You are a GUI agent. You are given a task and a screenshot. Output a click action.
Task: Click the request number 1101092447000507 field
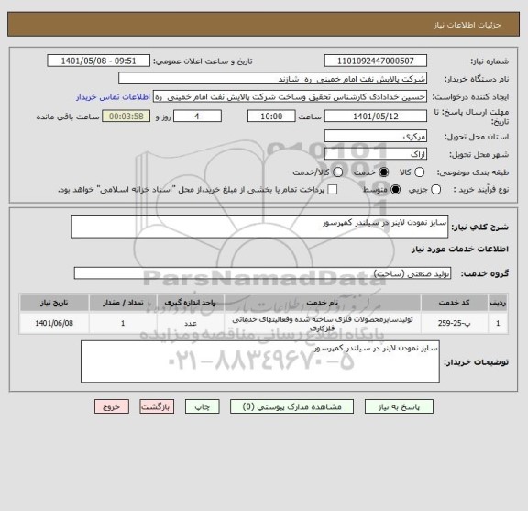[x=377, y=61]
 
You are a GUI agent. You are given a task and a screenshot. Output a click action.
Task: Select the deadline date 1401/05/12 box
[x=362, y=117]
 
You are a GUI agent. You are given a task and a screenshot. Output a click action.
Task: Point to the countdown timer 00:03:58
[x=148, y=117]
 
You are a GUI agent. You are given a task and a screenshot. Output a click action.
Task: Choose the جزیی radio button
[x=435, y=190]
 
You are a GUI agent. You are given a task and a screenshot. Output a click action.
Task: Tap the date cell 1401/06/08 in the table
[x=54, y=324]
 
